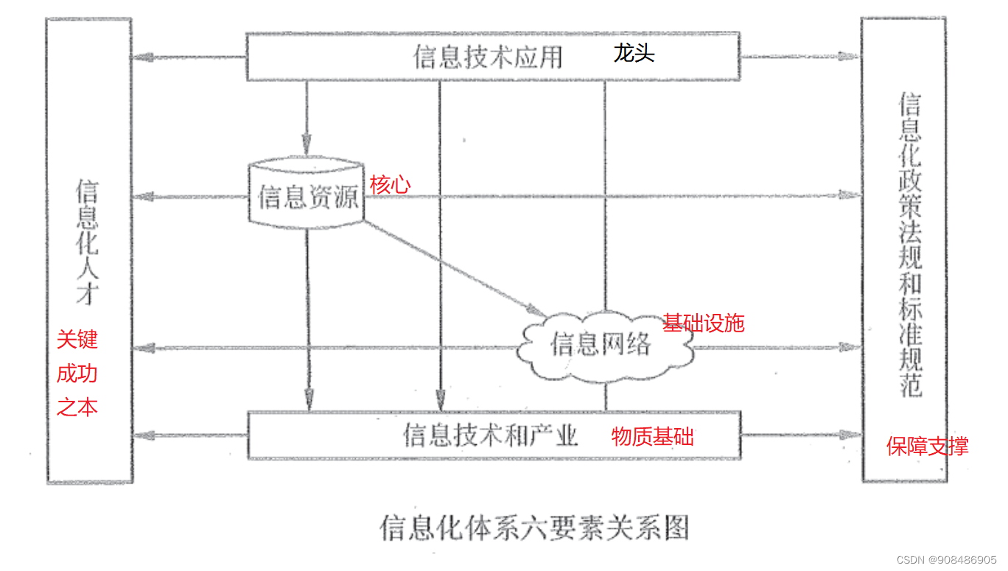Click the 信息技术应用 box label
click(x=487, y=57)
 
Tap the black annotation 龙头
click(x=634, y=54)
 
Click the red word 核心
click(x=390, y=184)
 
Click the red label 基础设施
click(x=704, y=323)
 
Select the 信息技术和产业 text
click(x=490, y=435)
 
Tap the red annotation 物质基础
click(x=652, y=436)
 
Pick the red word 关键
click(x=77, y=340)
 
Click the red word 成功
click(x=77, y=374)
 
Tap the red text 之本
click(x=77, y=407)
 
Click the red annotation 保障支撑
click(x=927, y=446)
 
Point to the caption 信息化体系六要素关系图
click(x=534, y=528)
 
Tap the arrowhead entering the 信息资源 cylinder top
click(x=307, y=147)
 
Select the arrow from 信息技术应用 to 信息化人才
click(x=189, y=57)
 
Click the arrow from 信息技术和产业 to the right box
click(x=800, y=435)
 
